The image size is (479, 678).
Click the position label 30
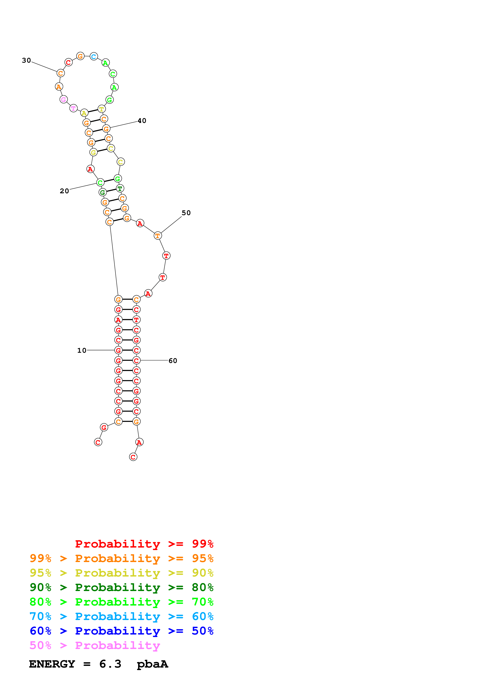[26, 60]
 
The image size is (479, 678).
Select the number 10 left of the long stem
[82, 351]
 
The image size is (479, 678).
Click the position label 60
[173, 361]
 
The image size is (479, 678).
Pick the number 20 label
[64, 191]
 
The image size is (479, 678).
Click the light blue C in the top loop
[94, 56]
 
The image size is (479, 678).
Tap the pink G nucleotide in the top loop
[63, 100]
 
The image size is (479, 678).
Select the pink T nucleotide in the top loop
[73, 108]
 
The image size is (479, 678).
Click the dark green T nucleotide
[120, 188]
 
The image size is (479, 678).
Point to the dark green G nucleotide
[102, 192]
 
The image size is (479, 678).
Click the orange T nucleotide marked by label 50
[158, 236]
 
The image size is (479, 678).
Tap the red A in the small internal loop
[90, 169]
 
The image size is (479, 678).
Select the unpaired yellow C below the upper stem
[120, 162]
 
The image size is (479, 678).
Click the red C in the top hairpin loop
[68, 62]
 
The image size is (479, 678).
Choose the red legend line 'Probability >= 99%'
[144, 544]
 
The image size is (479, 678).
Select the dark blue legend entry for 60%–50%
[121, 631]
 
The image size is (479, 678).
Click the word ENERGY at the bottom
[52, 664]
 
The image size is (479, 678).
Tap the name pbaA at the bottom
[152, 664]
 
